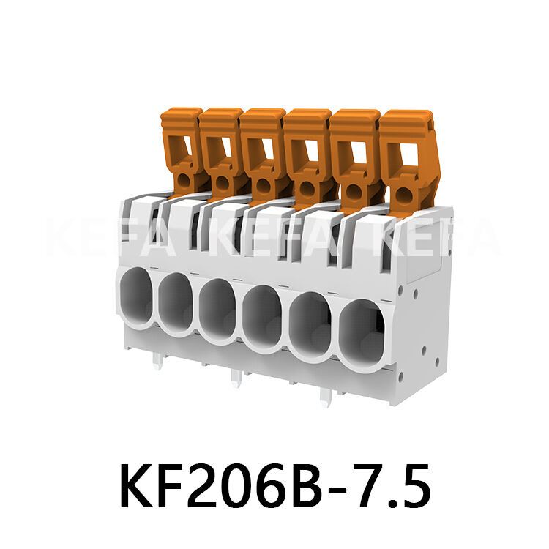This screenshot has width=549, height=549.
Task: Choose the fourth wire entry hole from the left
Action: (x=262, y=316)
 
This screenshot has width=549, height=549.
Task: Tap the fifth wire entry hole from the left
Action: (x=310, y=325)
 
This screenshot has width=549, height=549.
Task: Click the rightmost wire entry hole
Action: (x=364, y=334)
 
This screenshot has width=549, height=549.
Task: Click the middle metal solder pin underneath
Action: (x=235, y=377)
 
